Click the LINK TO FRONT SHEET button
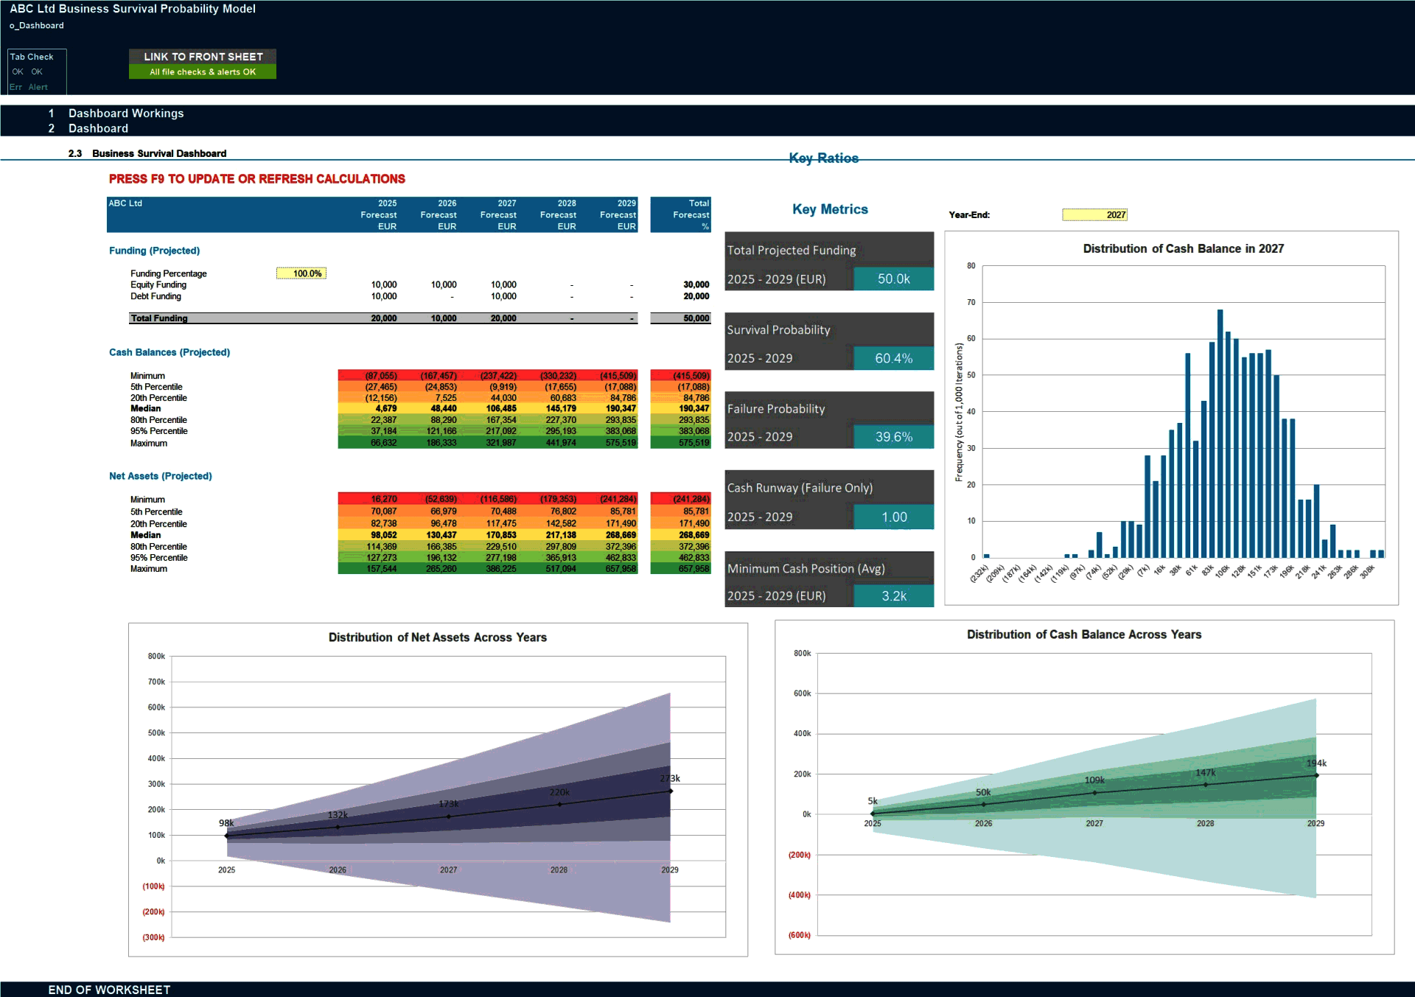[203, 57]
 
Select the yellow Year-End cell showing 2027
[1094, 214]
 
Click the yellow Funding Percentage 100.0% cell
[301, 273]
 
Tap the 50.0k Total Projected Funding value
[893, 279]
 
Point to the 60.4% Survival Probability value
[893, 358]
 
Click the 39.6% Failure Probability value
[893, 437]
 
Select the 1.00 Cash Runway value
[893, 517]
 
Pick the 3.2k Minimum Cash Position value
[893, 596]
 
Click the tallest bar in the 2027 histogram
[1220, 435]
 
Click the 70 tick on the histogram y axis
[971, 302]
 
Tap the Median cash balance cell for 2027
[501, 409]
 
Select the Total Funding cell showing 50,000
[696, 318]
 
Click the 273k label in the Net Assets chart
[670, 778]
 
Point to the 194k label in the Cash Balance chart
[1316, 763]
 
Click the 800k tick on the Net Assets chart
[156, 656]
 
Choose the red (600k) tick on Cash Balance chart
[800, 935]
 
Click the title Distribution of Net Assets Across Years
[437, 637]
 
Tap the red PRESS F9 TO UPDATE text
[256, 179]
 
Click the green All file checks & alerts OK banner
[203, 72]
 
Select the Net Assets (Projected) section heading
[160, 476]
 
